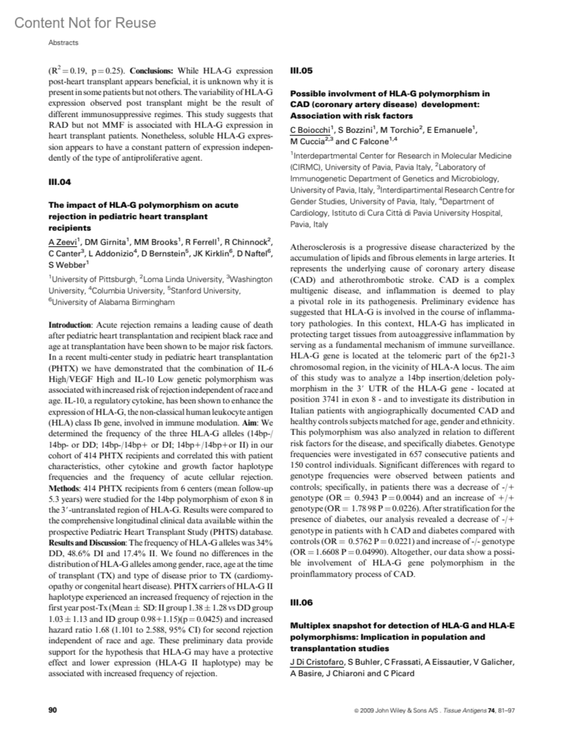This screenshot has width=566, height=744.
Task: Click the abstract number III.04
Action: (59, 182)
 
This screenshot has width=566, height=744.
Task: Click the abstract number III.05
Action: (301, 71)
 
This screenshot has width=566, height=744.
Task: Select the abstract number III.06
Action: (301, 602)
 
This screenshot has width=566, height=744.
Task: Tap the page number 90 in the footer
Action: (53, 709)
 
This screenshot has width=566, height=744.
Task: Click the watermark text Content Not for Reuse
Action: (85, 23)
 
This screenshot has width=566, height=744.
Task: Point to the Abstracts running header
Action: (63, 42)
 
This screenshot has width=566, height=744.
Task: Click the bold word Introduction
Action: (70, 325)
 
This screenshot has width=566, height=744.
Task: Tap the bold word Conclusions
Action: (151, 71)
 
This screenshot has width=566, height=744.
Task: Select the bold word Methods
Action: (65, 488)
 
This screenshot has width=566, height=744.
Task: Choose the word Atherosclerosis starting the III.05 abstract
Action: (318, 247)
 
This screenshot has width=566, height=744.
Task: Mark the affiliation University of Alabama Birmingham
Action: (113, 302)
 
